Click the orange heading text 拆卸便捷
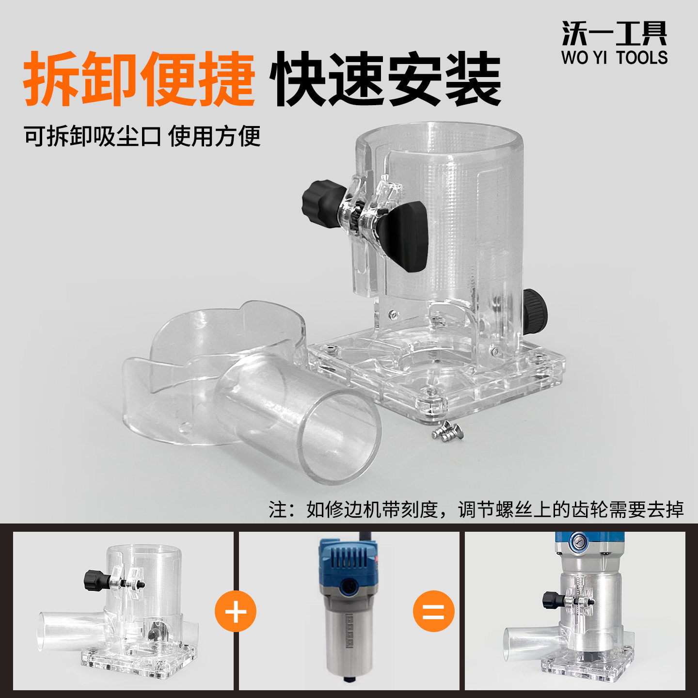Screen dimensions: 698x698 coord(139,79)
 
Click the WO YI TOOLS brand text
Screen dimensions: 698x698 coord(614,58)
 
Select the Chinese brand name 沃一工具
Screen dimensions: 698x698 coord(614,34)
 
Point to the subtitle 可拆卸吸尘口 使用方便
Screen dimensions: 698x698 coord(143,136)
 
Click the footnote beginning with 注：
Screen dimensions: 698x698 coord(476,509)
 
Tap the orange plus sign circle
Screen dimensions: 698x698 coord(236,611)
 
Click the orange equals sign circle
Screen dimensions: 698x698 coord(434,611)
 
